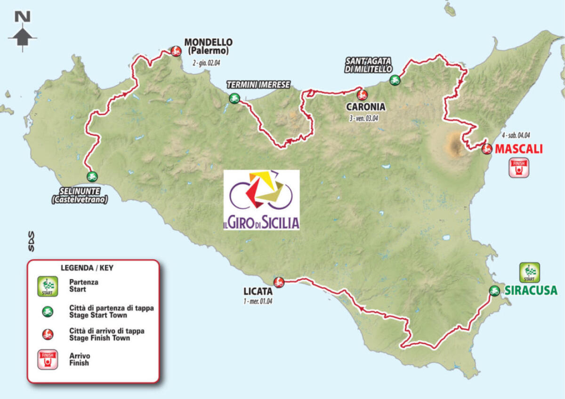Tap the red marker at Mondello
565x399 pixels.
point(176,51)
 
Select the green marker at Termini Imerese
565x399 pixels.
point(234,98)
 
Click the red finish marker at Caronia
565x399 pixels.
point(362,95)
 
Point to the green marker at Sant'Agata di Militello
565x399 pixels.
point(395,80)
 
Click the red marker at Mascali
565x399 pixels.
point(487,149)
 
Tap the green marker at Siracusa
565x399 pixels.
point(494,290)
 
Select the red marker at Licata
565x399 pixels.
point(279,282)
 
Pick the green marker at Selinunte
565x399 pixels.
point(92,176)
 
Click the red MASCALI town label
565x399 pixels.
point(518,149)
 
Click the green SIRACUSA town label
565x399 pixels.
point(531,290)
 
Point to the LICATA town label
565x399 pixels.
point(255,291)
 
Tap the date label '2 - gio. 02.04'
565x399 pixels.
point(206,63)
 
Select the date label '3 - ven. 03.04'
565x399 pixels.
point(363,119)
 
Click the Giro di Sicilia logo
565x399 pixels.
point(261,199)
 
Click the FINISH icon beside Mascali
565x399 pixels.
point(519,168)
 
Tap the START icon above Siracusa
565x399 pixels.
point(529,272)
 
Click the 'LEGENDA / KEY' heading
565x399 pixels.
point(87,268)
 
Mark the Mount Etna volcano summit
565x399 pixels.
point(454,144)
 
